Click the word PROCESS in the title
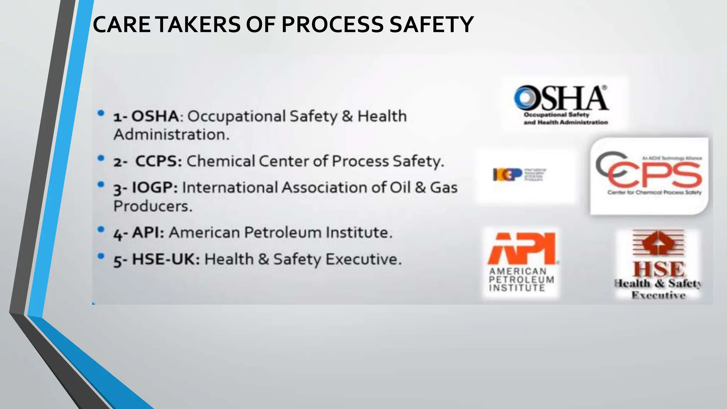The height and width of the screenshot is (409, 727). click(x=332, y=24)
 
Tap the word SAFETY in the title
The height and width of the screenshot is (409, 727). click(x=431, y=24)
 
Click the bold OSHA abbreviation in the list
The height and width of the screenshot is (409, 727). click(x=155, y=116)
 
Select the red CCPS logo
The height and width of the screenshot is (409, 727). click(x=649, y=176)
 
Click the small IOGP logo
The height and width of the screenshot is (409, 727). click(x=519, y=175)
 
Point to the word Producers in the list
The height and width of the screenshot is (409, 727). click(x=153, y=206)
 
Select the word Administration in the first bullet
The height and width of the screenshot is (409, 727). click(x=171, y=135)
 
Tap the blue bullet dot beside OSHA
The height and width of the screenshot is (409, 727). click(x=101, y=113)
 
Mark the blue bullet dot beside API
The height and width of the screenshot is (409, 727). click(x=101, y=229)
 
